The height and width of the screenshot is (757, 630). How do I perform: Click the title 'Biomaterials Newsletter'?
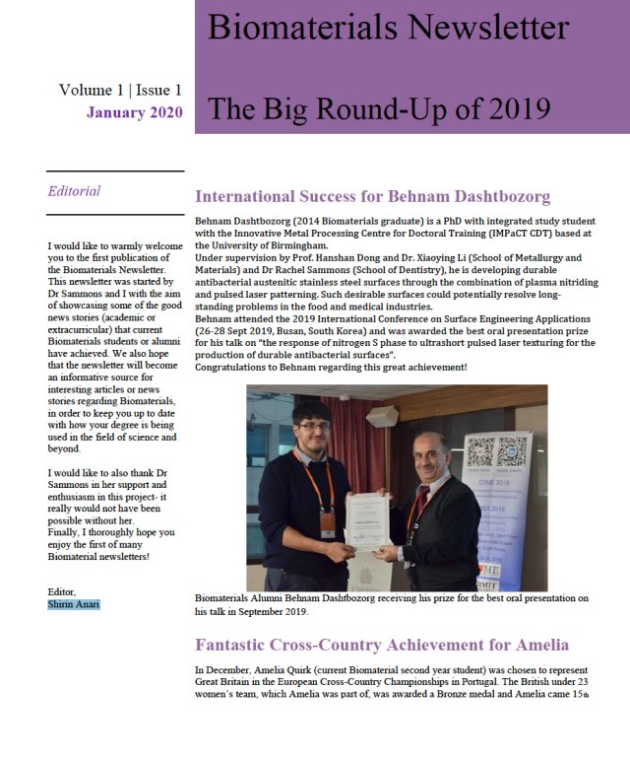pos(388,28)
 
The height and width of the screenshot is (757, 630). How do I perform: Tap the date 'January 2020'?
pos(134,112)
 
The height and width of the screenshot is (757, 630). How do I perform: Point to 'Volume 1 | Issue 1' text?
pos(120,90)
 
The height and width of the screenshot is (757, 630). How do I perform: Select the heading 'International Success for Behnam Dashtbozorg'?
pos(372,196)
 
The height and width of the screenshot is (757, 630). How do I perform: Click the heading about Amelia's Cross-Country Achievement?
pos(381,645)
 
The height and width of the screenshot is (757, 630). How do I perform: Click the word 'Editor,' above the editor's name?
pos(63,591)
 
